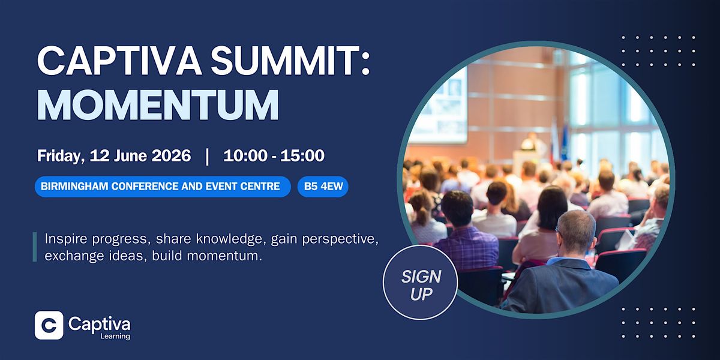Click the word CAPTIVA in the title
pyautogui.click(x=119, y=61)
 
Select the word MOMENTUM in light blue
pyautogui.click(x=158, y=104)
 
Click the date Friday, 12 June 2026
pyautogui.click(x=114, y=155)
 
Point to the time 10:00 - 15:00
pyautogui.click(x=274, y=155)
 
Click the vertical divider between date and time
pyautogui.click(x=208, y=157)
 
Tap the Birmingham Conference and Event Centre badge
pyautogui.click(x=163, y=187)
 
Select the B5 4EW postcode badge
pyautogui.click(x=323, y=187)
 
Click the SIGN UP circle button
pyautogui.click(x=421, y=282)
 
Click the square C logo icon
pyautogui.click(x=49, y=325)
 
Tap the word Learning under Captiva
pyautogui.click(x=115, y=336)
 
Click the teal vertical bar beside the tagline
pyautogui.click(x=35, y=247)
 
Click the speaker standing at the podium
pyautogui.click(x=532, y=142)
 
